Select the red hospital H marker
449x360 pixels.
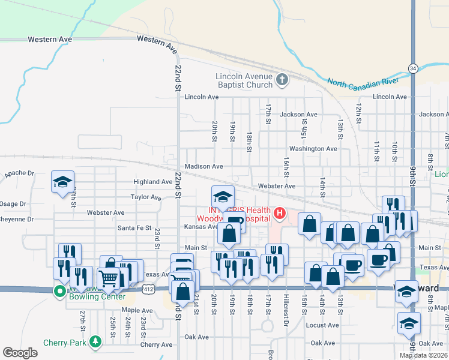tap(279, 213)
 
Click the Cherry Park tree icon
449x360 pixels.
tap(95, 342)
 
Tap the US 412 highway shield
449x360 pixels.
tap(147, 289)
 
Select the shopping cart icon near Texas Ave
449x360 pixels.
tap(108, 278)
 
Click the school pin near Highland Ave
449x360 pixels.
tap(62, 182)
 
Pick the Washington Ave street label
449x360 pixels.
tap(313, 148)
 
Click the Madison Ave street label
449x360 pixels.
tap(204, 166)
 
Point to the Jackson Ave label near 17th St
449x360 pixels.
tap(298, 114)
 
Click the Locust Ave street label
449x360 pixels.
tap(322, 325)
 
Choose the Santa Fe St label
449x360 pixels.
tap(134, 227)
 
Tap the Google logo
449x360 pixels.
tap(20, 353)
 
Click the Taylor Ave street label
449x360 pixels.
tap(146, 197)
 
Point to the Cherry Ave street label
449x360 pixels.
tap(156, 344)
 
